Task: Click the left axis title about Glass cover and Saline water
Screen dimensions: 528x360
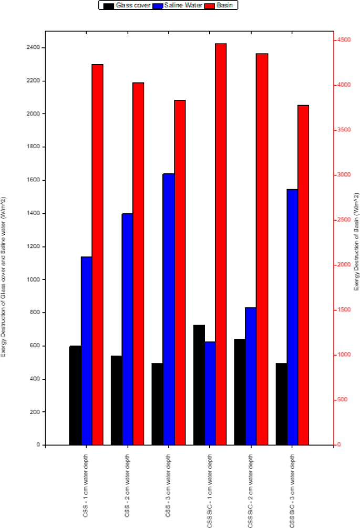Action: click(4, 276)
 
